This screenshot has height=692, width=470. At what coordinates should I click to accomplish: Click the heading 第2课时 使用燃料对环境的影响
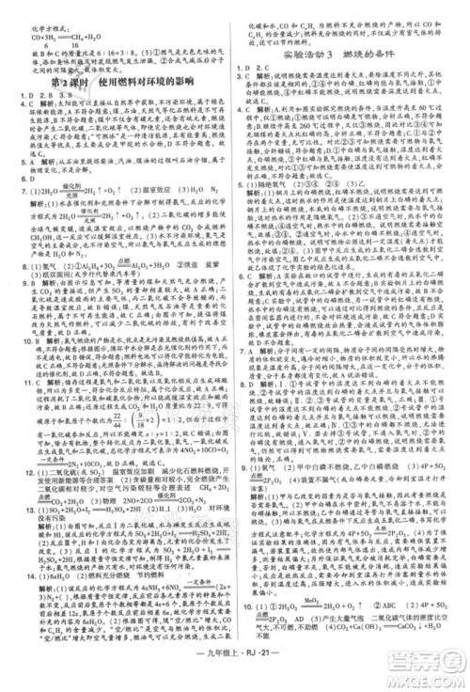point(117,80)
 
